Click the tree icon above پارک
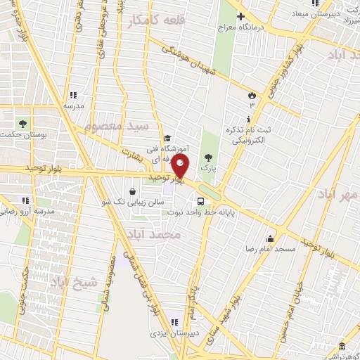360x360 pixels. coord(207,157)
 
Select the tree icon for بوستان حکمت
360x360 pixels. coord(23,123)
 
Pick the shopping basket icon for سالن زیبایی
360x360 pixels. coord(132,191)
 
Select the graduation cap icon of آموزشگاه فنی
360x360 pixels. coord(167,139)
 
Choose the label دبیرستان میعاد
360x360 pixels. coord(325,13)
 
